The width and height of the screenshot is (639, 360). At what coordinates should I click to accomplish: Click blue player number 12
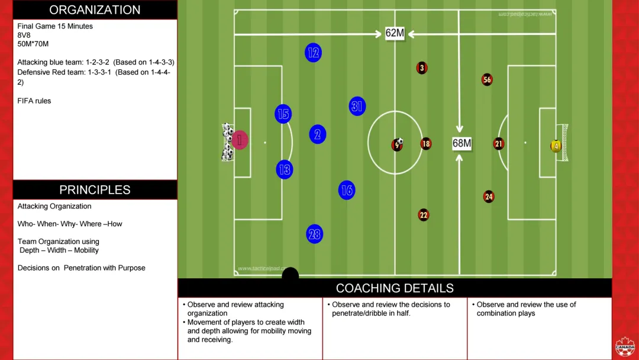pyautogui.click(x=314, y=53)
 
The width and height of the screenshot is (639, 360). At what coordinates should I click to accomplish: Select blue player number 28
pyautogui.click(x=315, y=234)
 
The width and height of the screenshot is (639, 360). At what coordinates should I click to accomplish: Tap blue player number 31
pyautogui.click(x=357, y=106)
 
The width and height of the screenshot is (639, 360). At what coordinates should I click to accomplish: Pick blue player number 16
pyautogui.click(x=347, y=190)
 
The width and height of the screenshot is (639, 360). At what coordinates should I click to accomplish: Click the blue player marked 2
pyautogui.click(x=318, y=134)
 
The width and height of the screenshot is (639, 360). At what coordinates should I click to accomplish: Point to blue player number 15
pyautogui.click(x=283, y=114)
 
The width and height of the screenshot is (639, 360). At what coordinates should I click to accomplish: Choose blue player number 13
pyautogui.click(x=285, y=170)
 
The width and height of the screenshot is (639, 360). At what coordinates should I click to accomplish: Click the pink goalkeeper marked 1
pyautogui.click(x=240, y=140)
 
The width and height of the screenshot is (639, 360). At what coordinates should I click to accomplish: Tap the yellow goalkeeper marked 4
pyautogui.click(x=556, y=146)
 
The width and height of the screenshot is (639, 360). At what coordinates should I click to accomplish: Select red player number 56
pyautogui.click(x=487, y=79)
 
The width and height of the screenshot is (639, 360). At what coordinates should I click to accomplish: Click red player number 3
pyautogui.click(x=422, y=68)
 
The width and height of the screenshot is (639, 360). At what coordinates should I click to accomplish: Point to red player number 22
pyautogui.click(x=424, y=215)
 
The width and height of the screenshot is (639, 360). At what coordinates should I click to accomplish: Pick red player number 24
pyautogui.click(x=489, y=197)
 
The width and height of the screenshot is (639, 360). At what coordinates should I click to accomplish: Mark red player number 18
pyautogui.click(x=426, y=144)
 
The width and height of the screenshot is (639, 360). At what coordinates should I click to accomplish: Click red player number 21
pyautogui.click(x=499, y=144)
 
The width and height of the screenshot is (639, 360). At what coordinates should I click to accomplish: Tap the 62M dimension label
pyautogui.click(x=395, y=33)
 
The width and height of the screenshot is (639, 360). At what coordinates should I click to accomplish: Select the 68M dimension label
pyautogui.click(x=461, y=143)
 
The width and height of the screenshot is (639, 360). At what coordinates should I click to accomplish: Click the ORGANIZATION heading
pyautogui.click(x=95, y=10)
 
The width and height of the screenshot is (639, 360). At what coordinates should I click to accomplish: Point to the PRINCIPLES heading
pyautogui.click(x=95, y=190)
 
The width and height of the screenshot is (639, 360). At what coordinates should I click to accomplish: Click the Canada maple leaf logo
pyautogui.click(x=624, y=347)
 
